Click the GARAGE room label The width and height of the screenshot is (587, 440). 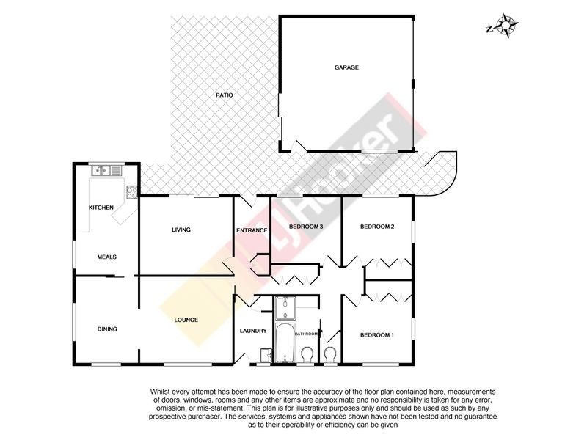[346, 67]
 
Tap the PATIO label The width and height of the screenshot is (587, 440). [225, 95]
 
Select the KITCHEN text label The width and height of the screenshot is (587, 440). [101, 208]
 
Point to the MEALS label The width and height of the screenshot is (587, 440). [106, 257]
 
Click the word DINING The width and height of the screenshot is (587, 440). [107, 329]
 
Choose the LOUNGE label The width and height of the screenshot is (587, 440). [186, 320]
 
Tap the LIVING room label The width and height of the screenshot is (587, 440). [181, 230]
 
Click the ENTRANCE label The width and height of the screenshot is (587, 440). [252, 230]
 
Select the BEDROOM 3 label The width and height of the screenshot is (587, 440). [306, 227]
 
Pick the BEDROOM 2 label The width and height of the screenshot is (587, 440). [377, 227]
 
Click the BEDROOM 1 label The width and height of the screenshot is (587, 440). [377, 335]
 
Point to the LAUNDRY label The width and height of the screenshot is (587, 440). [253, 331]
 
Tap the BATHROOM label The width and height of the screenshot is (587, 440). [306, 334]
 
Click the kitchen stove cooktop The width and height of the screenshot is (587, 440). [132, 192]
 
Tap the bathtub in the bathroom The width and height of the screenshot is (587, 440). [285, 343]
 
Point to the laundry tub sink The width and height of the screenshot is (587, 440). [266, 355]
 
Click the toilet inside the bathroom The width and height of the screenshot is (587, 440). [307, 354]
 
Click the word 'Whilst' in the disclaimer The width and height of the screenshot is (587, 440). [159, 392]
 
